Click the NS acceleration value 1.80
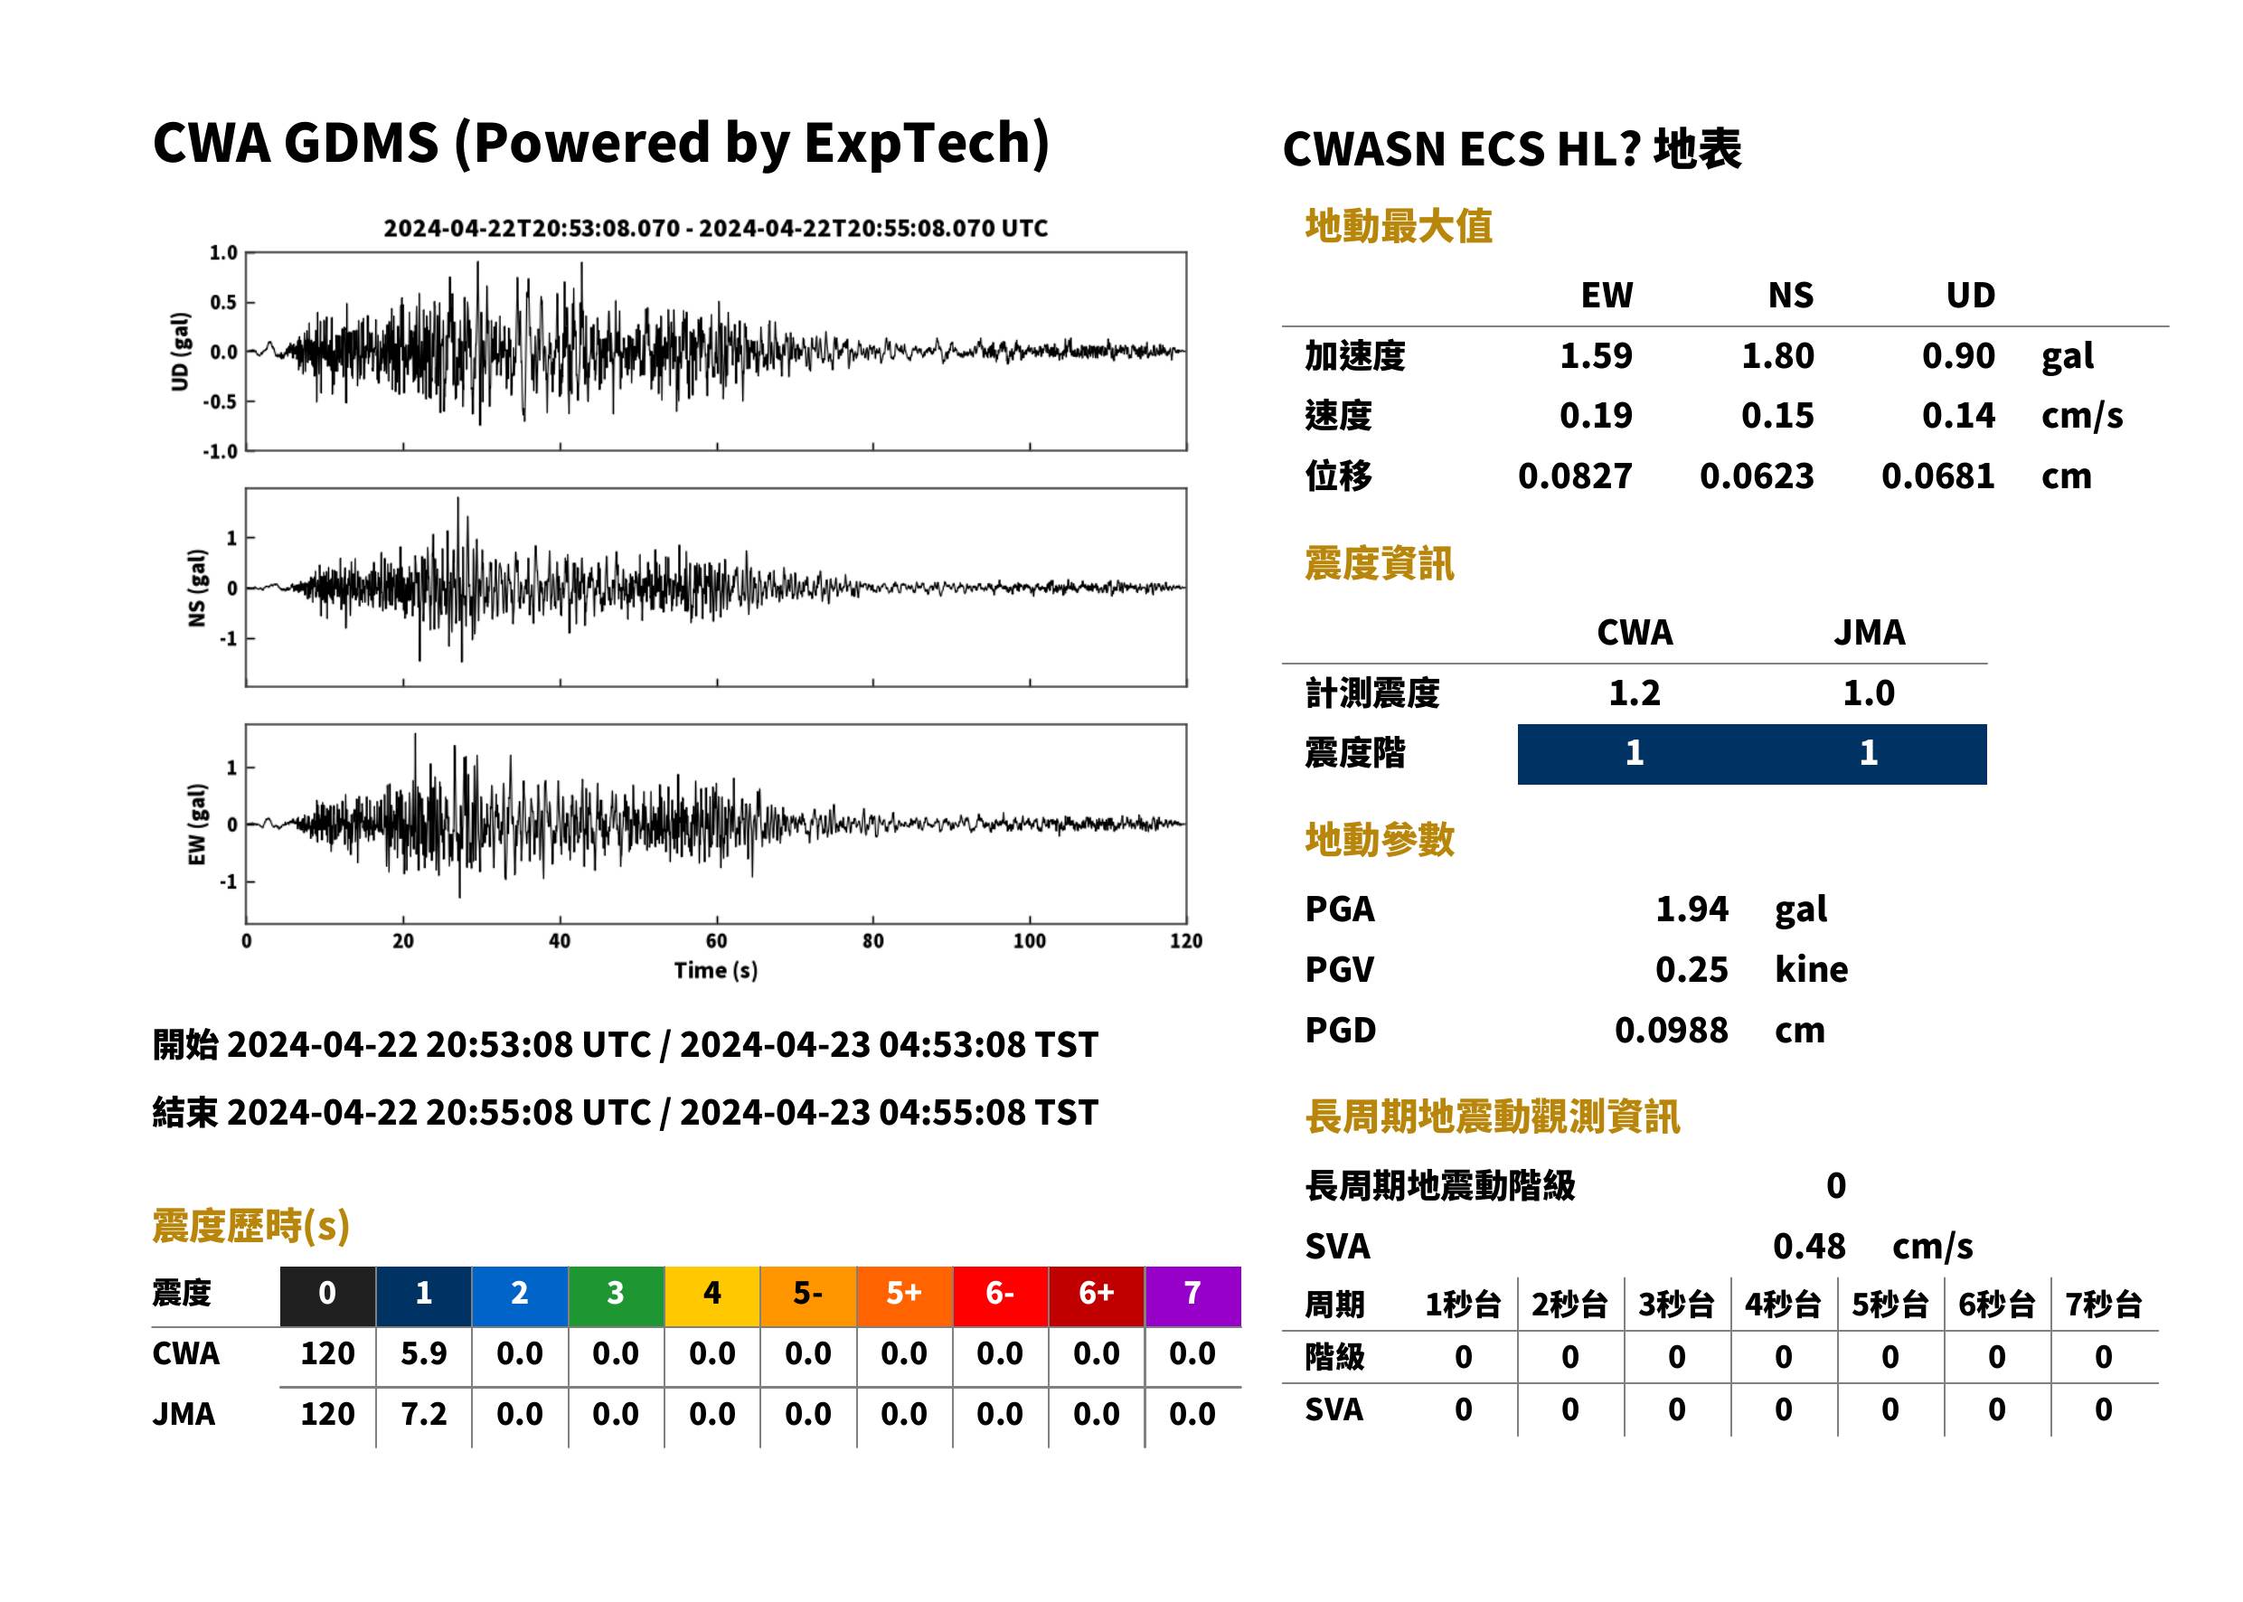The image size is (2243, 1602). tap(1776, 356)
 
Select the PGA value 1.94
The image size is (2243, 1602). tap(1692, 909)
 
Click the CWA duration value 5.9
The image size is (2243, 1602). tap(423, 1353)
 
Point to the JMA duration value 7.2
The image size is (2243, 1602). tap(423, 1414)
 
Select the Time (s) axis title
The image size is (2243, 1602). tap(716, 970)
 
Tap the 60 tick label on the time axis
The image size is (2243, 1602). tap(716, 941)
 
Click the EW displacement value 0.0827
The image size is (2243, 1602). tap(1574, 476)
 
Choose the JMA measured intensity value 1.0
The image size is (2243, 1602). tap(1868, 693)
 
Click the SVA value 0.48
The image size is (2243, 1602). tap(1809, 1246)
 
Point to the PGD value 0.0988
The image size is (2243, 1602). tap(1671, 1030)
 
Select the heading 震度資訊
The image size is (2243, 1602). tap(1379, 564)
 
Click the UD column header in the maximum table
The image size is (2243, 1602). tap(1970, 295)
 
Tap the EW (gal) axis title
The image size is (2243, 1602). tap(197, 825)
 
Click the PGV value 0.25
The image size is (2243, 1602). tap(1692, 970)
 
